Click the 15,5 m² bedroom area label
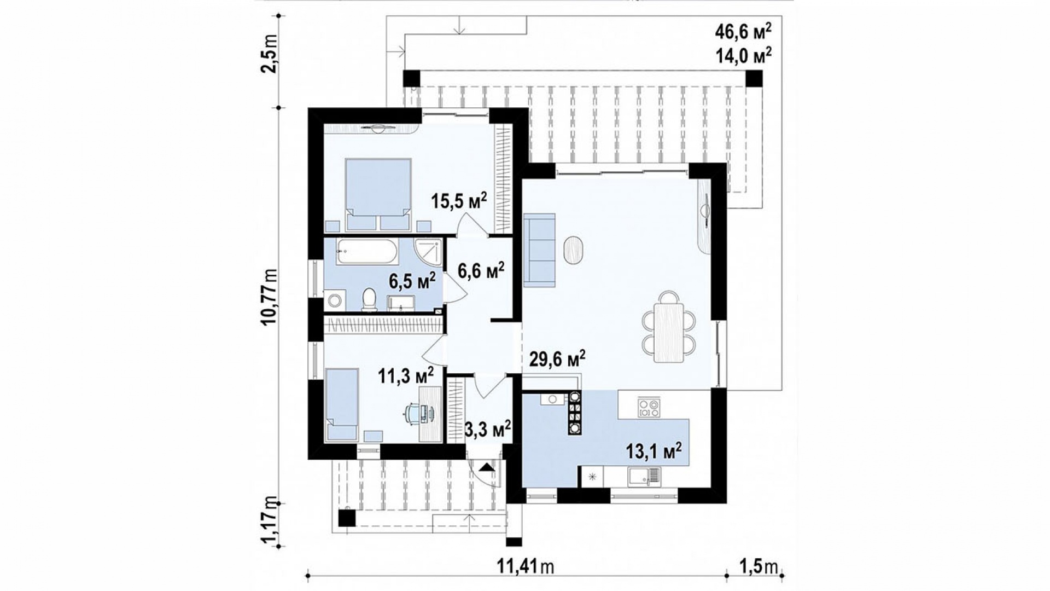click(x=459, y=201)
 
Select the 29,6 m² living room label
click(x=557, y=358)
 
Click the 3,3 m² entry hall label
click(x=487, y=427)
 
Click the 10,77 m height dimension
click(x=270, y=298)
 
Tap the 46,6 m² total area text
click(x=744, y=32)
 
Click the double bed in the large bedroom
click(x=378, y=195)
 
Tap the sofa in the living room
click(x=539, y=250)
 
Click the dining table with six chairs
click(x=669, y=327)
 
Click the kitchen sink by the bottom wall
click(x=645, y=476)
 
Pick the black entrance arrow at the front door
click(x=486, y=467)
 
